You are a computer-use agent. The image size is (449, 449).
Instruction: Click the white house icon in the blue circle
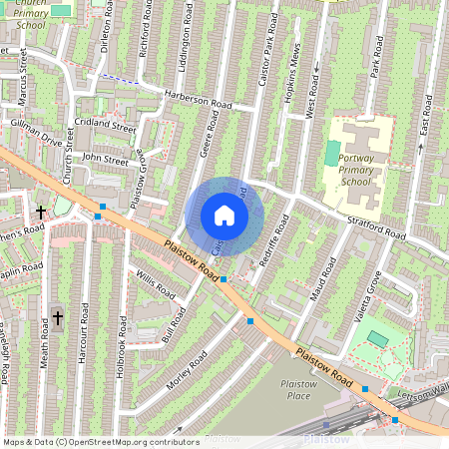[224, 215]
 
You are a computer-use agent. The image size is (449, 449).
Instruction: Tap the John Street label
[106, 159]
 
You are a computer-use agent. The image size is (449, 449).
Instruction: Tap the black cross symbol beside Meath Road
[57, 318]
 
